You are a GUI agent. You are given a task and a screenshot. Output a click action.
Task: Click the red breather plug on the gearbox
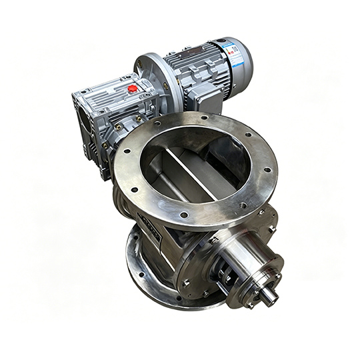133,88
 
